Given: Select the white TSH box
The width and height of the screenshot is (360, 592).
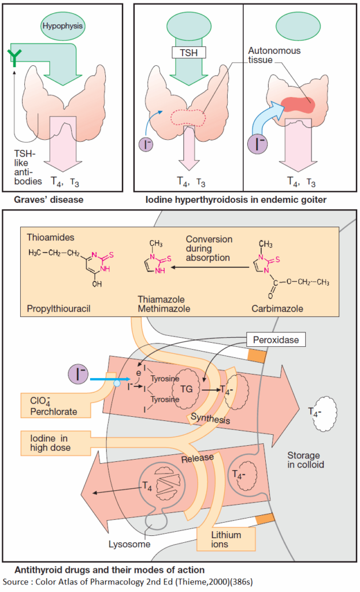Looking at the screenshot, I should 188,53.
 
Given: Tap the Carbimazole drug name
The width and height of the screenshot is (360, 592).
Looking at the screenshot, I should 277,309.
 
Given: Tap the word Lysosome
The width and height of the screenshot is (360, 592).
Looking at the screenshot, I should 129,543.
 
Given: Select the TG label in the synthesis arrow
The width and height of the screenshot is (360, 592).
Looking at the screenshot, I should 187,390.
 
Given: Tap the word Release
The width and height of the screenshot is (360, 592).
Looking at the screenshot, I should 198,457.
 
